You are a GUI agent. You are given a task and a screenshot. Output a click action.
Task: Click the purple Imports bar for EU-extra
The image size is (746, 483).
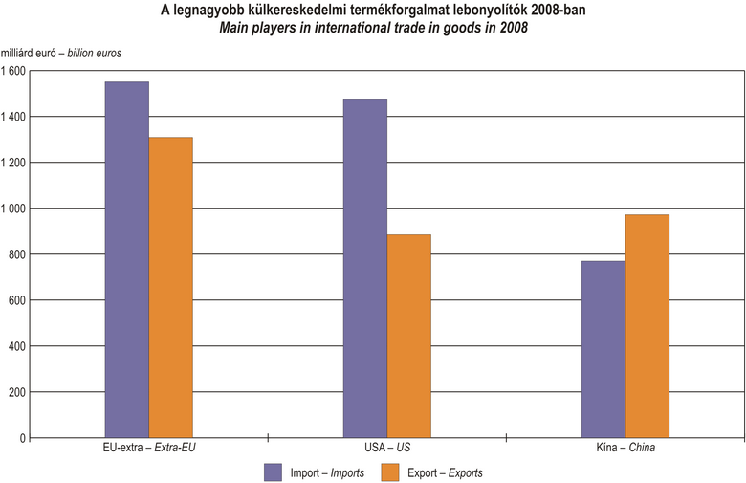126,259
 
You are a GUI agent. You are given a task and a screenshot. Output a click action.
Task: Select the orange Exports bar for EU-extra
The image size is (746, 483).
170,287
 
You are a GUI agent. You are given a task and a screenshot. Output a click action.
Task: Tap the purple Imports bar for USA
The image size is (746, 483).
364,268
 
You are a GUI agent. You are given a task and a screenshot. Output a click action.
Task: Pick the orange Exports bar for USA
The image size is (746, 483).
408,336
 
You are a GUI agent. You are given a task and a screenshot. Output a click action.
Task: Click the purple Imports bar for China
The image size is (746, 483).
603,349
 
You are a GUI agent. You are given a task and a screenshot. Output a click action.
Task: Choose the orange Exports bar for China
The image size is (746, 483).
647,326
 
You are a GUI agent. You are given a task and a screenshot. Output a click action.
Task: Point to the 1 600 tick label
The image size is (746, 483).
14,71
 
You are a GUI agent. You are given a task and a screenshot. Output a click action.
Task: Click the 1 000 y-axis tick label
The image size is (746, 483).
14,209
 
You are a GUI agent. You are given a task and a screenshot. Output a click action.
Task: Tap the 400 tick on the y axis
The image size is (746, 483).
16,346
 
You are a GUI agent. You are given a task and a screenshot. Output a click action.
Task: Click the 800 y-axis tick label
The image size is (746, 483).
16,254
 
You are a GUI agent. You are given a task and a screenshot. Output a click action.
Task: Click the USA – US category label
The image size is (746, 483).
386,448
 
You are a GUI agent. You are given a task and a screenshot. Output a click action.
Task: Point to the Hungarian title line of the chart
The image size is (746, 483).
372,11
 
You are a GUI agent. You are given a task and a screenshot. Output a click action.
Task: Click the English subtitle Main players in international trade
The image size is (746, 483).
372,28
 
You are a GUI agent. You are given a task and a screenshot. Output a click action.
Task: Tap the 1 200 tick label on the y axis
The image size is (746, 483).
14,163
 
